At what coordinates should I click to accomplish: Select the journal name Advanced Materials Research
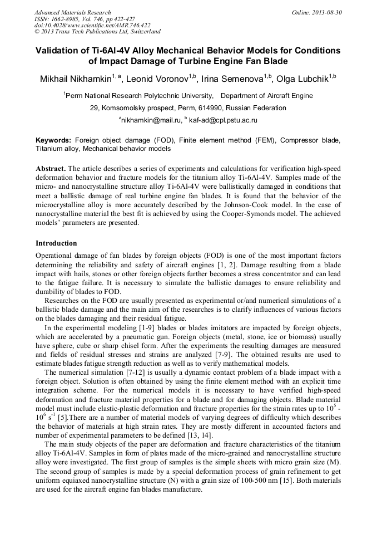[x=72, y=12]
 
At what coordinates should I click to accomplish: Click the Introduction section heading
[x=56, y=243]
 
